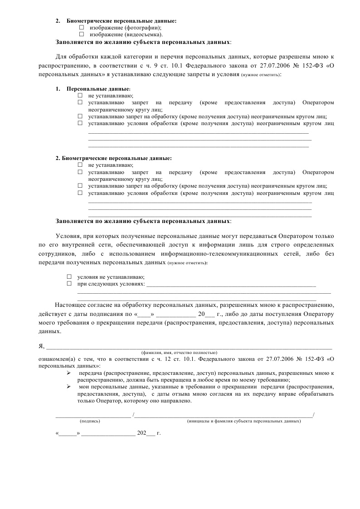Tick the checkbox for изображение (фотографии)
(82, 28)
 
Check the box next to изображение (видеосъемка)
(82, 34)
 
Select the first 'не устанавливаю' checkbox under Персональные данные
(80, 96)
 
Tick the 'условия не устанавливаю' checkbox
(69, 276)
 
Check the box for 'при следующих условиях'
(69, 283)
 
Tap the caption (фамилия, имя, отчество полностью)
(180, 352)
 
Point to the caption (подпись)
(90, 421)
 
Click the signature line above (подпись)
(93, 416)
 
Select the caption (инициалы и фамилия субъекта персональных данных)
(244, 421)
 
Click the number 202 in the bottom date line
(142, 433)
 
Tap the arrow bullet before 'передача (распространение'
(69, 373)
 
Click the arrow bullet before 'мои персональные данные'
(69, 387)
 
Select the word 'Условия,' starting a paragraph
(68, 236)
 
